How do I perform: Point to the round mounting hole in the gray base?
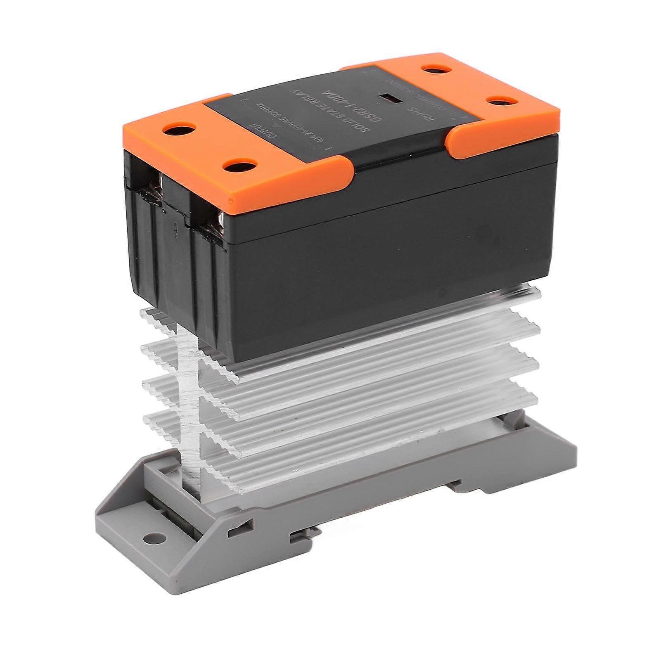pyautogui.click(x=153, y=538)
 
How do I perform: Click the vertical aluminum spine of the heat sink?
pyautogui.click(x=190, y=413)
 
